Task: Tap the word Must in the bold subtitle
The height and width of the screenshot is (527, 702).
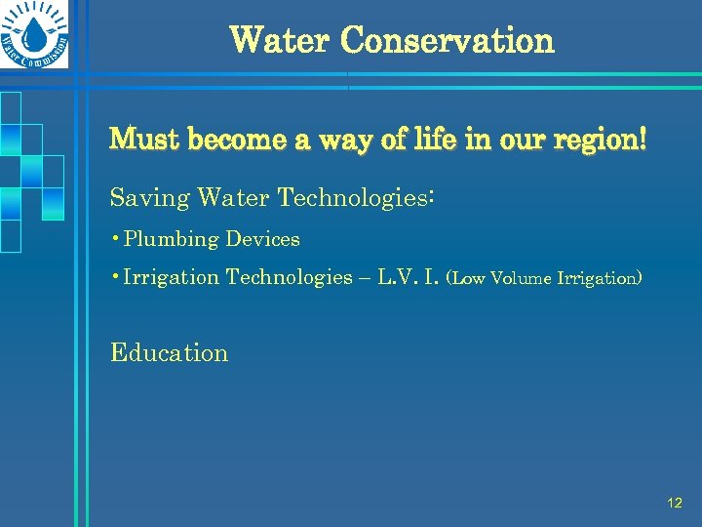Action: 144,140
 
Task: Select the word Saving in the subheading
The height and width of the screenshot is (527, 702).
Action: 150,199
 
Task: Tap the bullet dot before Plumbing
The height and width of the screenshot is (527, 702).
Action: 116,239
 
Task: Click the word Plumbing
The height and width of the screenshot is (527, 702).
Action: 172,240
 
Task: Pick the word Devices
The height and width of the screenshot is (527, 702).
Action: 263,239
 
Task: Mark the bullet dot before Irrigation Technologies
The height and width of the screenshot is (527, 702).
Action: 116,277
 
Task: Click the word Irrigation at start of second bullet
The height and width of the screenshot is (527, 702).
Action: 172,278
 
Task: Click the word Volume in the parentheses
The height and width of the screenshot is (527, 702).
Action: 520,279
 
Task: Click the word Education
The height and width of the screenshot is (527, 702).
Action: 169,353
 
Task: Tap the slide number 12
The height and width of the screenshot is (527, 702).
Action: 674,504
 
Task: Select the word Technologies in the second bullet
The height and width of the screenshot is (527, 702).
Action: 289,278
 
